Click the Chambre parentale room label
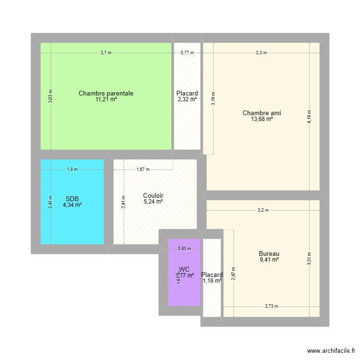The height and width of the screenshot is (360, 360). click(x=106, y=94)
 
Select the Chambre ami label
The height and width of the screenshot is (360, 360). click(x=262, y=113)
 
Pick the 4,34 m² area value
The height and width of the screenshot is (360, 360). click(x=72, y=205)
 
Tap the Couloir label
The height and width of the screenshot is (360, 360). click(x=153, y=196)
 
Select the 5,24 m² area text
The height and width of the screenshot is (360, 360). click(x=153, y=202)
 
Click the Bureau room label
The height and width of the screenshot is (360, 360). click(x=269, y=254)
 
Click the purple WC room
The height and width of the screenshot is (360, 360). click(x=184, y=288)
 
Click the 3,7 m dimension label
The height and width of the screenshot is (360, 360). click(x=106, y=53)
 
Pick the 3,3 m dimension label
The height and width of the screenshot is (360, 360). click(x=261, y=53)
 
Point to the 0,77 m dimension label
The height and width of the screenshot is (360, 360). click(x=187, y=53)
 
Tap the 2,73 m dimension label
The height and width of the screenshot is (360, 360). click(x=271, y=306)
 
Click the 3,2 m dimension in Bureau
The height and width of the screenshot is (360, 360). click(x=263, y=210)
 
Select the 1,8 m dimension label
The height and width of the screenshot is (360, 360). click(x=72, y=169)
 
